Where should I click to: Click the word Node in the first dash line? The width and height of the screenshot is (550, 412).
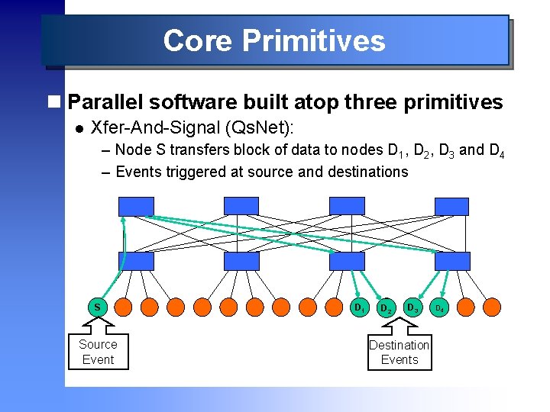(x=133, y=150)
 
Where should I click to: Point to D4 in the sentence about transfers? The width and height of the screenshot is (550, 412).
(x=496, y=150)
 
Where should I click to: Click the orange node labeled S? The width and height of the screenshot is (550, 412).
(x=98, y=307)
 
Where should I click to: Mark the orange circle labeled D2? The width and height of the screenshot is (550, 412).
(x=386, y=307)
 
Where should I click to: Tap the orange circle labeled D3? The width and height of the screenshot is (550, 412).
(x=413, y=307)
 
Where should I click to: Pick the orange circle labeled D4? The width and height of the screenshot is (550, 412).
(x=439, y=307)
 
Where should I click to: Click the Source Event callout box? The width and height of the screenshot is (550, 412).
(x=98, y=352)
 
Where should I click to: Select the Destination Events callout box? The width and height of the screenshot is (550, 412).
(x=399, y=352)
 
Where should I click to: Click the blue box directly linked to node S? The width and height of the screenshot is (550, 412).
(x=136, y=261)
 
